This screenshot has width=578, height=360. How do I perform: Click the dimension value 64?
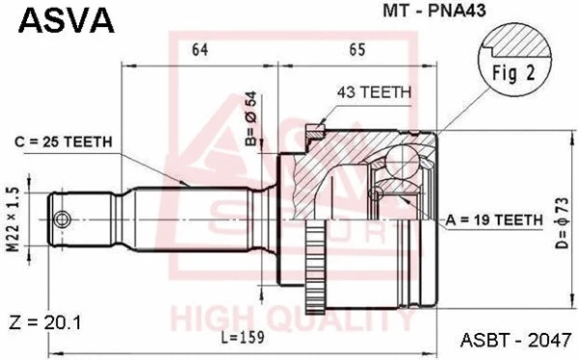[200, 48]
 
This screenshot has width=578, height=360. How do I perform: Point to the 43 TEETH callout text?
[375, 92]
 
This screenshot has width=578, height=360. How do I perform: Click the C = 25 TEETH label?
[65, 142]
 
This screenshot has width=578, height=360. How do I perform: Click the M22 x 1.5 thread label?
[13, 219]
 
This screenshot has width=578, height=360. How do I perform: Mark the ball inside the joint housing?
[407, 159]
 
